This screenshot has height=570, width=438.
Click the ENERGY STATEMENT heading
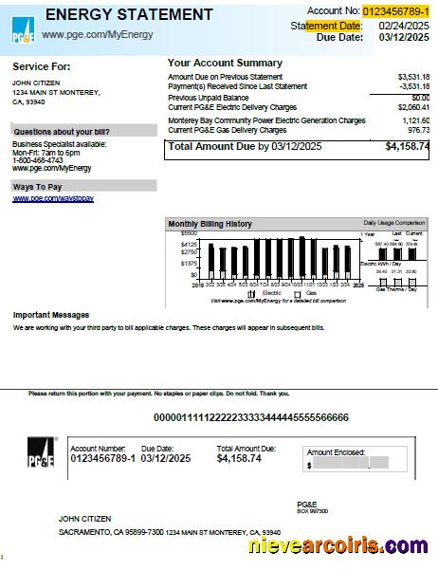[x=128, y=15]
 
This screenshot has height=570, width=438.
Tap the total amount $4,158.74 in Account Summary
[x=407, y=147]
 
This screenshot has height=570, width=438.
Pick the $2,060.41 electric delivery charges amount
[x=412, y=108]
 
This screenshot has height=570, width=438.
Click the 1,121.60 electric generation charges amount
[x=415, y=121]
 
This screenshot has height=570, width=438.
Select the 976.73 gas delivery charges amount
[x=417, y=130]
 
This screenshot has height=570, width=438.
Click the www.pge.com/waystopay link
[x=53, y=199]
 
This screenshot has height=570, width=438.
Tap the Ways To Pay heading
[x=38, y=188]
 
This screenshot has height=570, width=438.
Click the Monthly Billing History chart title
[x=210, y=224]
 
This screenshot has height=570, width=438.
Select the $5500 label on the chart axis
[x=188, y=233]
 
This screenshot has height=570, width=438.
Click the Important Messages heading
[x=51, y=315]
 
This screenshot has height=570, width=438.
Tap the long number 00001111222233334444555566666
[x=251, y=417]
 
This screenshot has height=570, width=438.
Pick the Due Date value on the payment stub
[x=166, y=458]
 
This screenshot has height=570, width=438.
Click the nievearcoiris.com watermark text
[x=337, y=546]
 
